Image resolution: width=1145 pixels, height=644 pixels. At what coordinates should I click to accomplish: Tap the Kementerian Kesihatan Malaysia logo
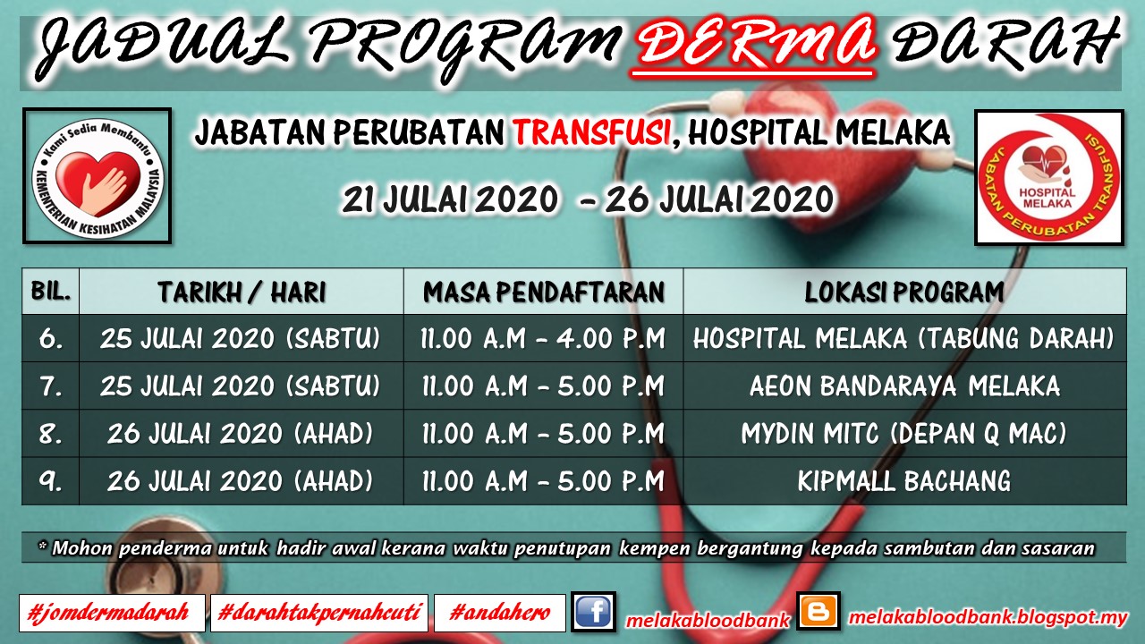[x=98, y=176]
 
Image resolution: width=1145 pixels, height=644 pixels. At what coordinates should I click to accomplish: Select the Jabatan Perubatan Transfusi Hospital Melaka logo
[x=1049, y=177]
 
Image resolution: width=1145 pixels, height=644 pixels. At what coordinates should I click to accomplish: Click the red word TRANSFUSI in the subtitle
[x=592, y=132]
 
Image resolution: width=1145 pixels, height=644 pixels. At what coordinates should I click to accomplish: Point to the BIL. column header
[x=51, y=291]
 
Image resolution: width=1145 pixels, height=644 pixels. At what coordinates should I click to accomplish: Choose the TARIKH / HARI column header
[x=242, y=292]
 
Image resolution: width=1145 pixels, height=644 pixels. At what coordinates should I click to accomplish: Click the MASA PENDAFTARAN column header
[x=544, y=292]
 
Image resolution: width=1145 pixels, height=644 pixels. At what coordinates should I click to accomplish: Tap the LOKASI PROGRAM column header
[x=904, y=292]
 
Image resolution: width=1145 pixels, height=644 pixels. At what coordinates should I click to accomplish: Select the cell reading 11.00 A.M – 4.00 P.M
[x=543, y=338]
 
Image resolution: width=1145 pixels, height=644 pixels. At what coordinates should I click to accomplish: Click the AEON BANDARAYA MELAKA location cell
[x=904, y=386]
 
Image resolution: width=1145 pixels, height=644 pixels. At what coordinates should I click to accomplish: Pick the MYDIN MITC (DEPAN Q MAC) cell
[x=904, y=434]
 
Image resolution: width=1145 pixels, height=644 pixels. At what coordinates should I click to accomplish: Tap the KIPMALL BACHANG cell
[x=904, y=481]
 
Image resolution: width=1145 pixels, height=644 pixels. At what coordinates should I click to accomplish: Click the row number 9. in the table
[x=51, y=481]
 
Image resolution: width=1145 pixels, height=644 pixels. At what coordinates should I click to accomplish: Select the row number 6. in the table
[x=51, y=338]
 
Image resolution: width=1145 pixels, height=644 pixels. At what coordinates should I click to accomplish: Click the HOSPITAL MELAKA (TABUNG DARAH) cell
[x=903, y=338]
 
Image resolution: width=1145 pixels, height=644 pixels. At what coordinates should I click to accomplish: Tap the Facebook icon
[x=593, y=611]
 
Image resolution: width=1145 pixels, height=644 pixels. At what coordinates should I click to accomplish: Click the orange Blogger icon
[x=818, y=611]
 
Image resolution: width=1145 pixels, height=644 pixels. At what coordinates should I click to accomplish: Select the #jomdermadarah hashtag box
[x=112, y=613]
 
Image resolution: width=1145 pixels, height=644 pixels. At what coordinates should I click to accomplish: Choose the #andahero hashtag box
[x=500, y=613]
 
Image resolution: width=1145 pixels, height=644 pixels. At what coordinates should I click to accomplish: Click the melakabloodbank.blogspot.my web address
[x=988, y=617]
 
